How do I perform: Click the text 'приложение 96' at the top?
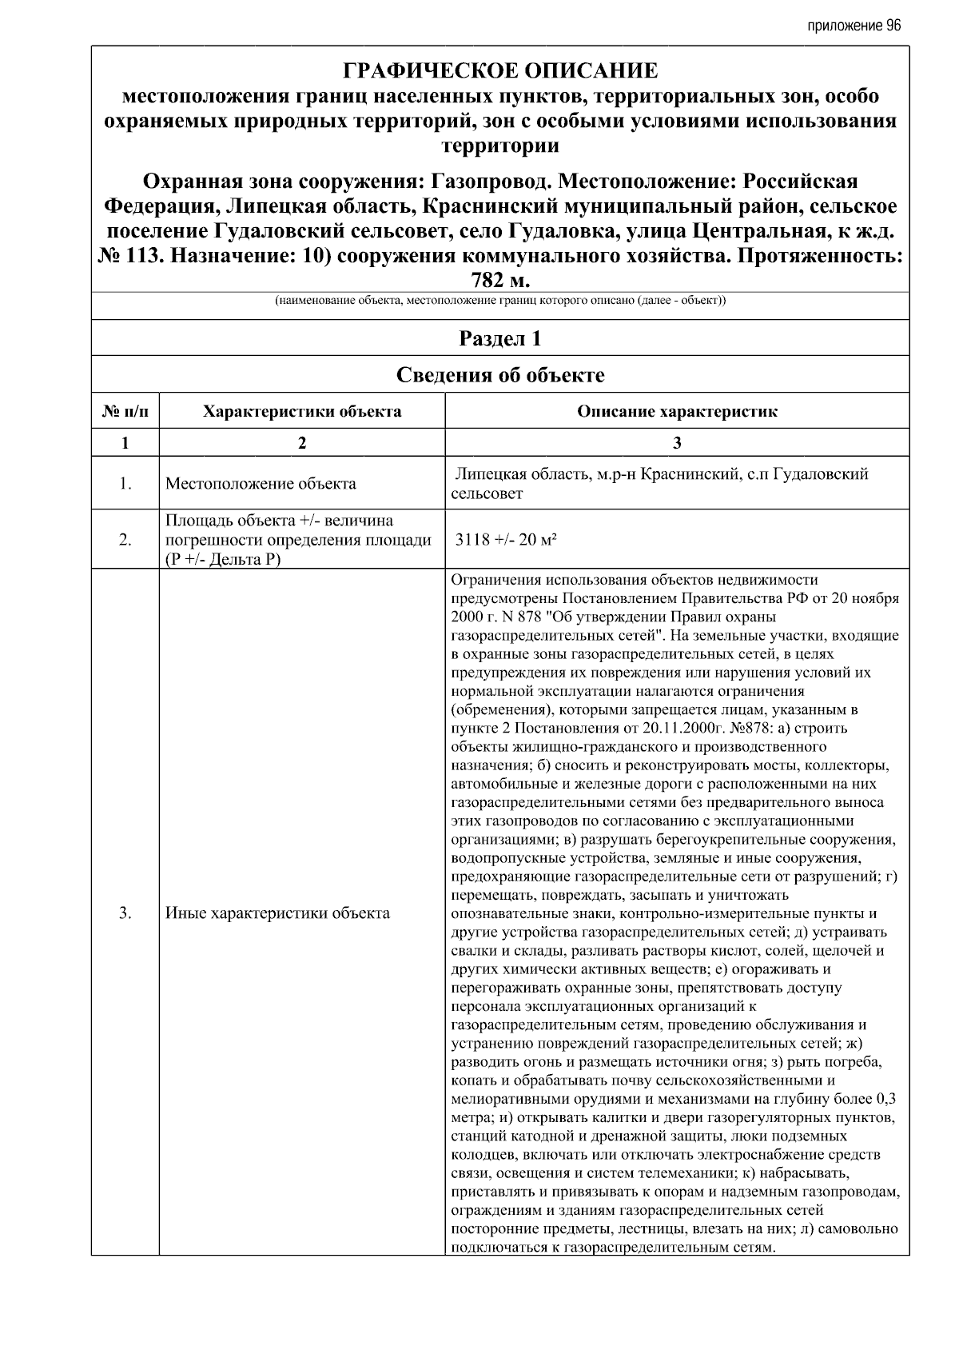[x=854, y=26]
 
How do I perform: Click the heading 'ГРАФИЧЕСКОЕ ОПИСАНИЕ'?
[x=500, y=71]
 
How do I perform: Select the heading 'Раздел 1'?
[x=500, y=338]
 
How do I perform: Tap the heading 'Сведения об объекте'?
[x=500, y=374]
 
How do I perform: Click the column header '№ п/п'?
[x=125, y=411]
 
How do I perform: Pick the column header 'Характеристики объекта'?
[x=301, y=411]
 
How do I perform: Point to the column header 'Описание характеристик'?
[x=677, y=411]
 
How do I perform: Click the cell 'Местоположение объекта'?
[x=261, y=484]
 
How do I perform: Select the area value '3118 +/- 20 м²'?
[x=506, y=539]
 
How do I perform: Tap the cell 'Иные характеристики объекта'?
[x=277, y=913]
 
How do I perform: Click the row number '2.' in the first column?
[x=125, y=540]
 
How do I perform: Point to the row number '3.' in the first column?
[x=125, y=913]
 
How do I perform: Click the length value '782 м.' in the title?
[x=500, y=281]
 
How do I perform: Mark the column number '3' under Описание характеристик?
[x=677, y=443]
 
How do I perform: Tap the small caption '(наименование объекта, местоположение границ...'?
[x=500, y=302]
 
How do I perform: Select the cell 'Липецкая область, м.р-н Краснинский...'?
[x=660, y=483]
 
